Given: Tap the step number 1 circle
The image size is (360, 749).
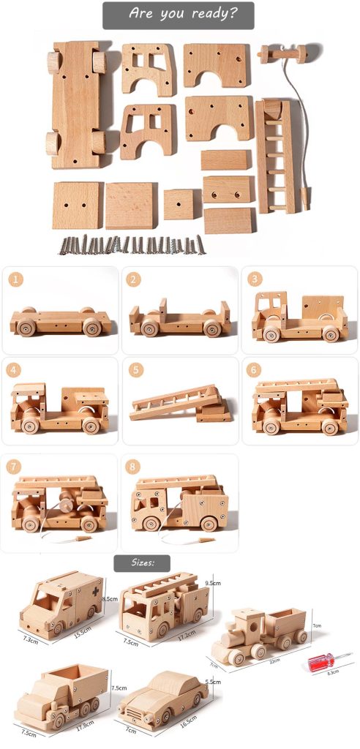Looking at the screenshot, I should tap(17, 279).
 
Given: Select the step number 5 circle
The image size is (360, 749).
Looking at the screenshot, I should tap(135, 370).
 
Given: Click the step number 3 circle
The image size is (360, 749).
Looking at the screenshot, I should tap(255, 279).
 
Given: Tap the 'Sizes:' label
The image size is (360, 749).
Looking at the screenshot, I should tap(141, 563).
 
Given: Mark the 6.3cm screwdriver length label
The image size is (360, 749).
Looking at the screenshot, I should tap(332, 671).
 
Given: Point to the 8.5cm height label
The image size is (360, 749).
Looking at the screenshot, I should tap(110, 598).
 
